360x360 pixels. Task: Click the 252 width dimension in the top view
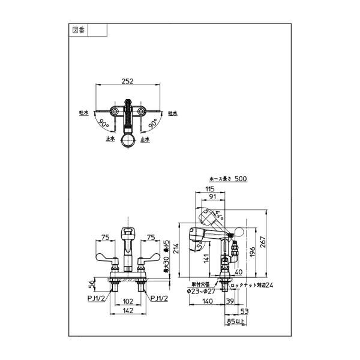(127, 81)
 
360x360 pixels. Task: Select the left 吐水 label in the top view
(84, 112)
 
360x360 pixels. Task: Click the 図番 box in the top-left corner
(79, 29)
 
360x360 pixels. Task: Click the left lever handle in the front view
(103, 259)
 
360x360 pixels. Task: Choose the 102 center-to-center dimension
(127, 302)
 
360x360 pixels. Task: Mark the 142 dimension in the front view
(127, 312)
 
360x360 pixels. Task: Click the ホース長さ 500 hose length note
(227, 179)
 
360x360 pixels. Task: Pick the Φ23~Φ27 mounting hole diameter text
(205, 291)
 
